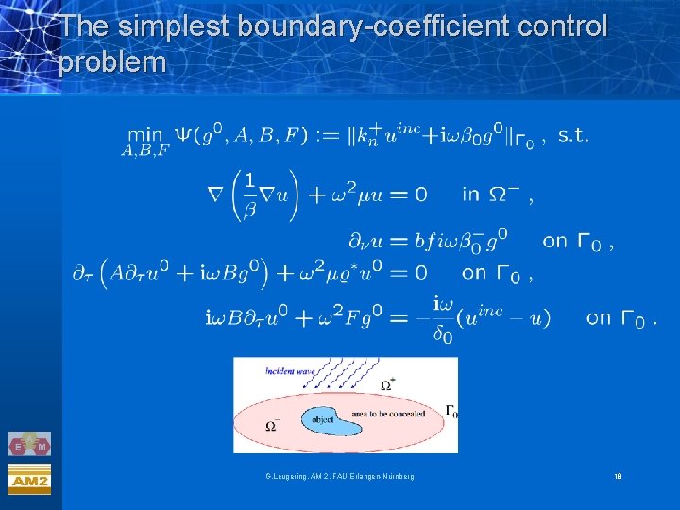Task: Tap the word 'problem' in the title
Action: tap(112, 63)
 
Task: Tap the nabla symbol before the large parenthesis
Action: tap(215, 195)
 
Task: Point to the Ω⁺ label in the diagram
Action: tap(388, 384)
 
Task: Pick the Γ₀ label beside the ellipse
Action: tap(451, 411)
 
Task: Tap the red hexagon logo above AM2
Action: tap(29, 443)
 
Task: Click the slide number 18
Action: tap(618, 477)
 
